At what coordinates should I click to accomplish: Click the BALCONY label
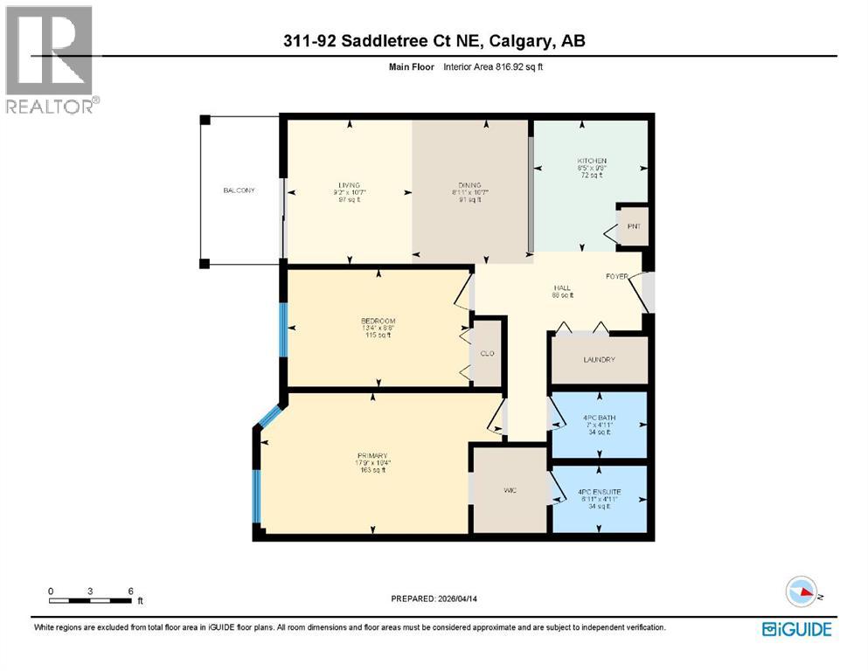(239, 190)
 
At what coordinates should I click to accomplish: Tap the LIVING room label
(350, 185)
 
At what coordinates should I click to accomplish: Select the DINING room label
(469, 185)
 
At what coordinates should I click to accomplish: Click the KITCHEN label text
(591, 161)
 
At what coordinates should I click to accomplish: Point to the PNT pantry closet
(634, 226)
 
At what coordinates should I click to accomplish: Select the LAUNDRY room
(599, 359)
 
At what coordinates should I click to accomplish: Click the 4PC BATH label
(599, 418)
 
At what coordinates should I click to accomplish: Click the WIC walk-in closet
(510, 490)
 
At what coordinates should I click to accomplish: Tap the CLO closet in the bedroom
(488, 354)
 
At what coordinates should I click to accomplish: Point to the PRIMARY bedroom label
(372, 455)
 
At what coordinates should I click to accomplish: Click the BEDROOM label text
(378, 321)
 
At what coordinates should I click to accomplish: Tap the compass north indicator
(802, 592)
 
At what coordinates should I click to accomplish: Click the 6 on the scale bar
(130, 591)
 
